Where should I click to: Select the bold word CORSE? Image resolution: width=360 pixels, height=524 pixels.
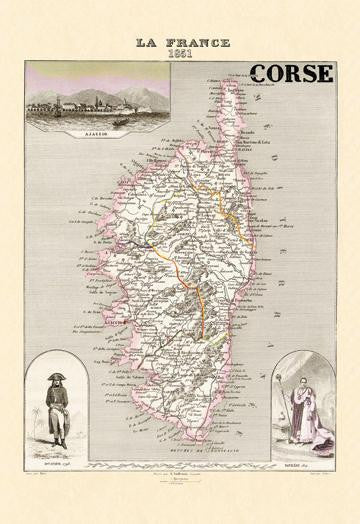[292, 73]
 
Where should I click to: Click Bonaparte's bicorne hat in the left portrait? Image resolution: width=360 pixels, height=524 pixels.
[54, 373]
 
